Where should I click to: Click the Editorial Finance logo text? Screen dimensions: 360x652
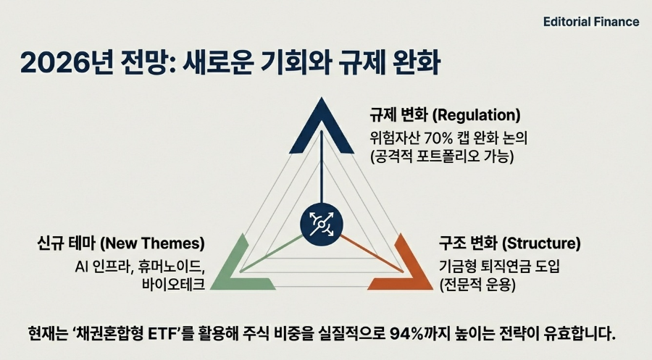tap(590, 22)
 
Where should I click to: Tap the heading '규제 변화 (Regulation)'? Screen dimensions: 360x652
tap(445, 115)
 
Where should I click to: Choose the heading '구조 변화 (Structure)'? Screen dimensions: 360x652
tap(509, 243)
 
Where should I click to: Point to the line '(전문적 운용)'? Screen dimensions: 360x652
tap(477, 284)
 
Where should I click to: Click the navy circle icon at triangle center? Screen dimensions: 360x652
tap(321, 225)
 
